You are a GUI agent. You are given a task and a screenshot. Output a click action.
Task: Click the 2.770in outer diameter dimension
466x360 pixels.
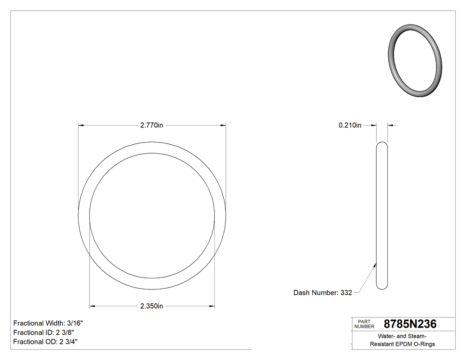click(x=152, y=126)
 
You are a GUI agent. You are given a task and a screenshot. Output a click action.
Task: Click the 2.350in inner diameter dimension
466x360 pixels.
click(x=152, y=306)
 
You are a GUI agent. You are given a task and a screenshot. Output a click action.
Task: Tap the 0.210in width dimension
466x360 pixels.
click(x=350, y=126)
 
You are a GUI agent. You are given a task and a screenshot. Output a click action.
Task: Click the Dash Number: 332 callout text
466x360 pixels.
click(x=323, y=293)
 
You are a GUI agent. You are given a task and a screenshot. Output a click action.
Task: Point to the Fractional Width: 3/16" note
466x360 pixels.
click(x=48, y=323)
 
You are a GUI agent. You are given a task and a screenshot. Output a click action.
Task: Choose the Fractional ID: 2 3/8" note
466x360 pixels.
click(x=43, y=332)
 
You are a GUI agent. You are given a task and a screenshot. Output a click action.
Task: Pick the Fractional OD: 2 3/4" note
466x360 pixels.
click(x=46, y=341)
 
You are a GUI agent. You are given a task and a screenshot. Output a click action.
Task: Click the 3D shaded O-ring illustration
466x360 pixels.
click(x=415, y=60)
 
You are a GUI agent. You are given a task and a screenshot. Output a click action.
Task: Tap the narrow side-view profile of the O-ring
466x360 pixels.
click(x=382, y=216)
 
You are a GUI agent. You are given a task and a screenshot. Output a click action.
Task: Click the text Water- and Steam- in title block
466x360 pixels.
click(x=403, y=336)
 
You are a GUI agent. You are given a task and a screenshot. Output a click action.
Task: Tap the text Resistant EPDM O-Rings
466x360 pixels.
click(x=403, y=344)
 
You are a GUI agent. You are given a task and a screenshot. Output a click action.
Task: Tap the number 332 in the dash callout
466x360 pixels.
click(x=346, y=293)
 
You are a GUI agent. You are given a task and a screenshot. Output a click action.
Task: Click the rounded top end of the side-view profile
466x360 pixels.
click(x=382, y=144)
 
